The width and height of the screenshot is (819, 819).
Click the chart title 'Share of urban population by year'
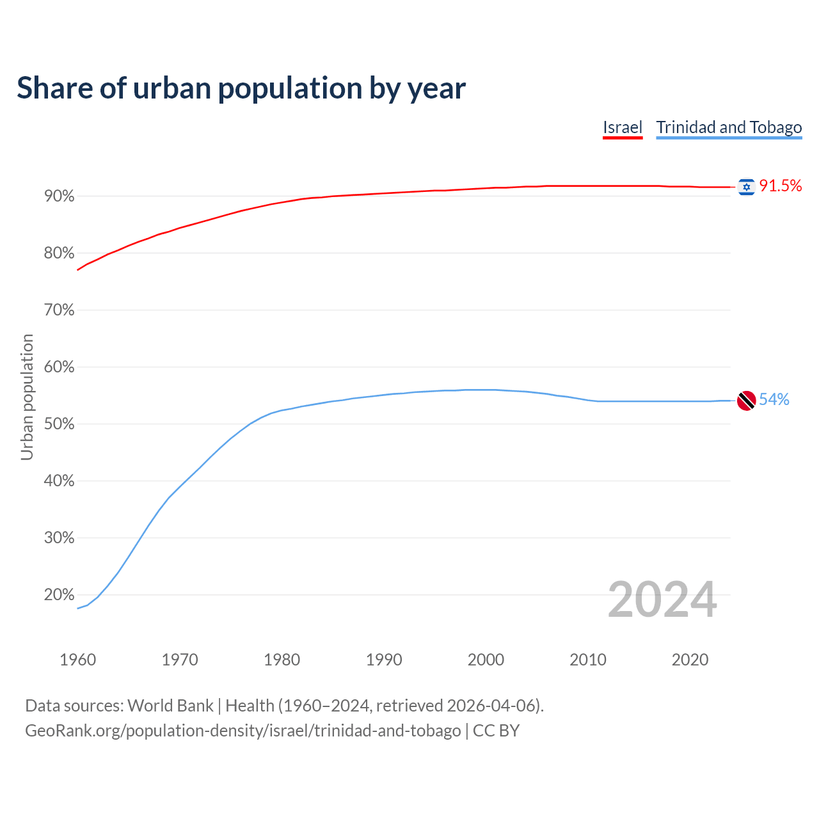(x=241, y=88)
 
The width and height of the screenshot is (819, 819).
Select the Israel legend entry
(x=622, y=127)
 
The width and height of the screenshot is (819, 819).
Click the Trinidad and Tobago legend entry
(x=729, y=127)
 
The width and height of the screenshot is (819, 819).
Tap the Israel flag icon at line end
(x=746, y=187)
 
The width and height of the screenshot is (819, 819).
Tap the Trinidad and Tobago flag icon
(x=746, y=401)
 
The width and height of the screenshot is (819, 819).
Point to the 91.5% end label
(x=780, y=186)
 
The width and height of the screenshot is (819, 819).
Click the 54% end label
(x=774, y=400)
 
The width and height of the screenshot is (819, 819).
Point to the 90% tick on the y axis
(x=59, y=196)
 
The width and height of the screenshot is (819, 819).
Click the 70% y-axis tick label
(x=59, y=310)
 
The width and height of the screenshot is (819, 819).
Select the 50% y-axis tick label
(x=59, y=424)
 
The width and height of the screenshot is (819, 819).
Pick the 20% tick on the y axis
(x=59, y=595)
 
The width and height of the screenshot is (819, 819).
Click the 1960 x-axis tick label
(x=77, y=660)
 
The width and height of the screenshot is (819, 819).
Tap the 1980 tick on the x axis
(x=282, y=660)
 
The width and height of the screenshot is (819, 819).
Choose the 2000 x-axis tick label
(x=486, y=660)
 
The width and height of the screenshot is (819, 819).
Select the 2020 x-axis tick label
(x=690, y=660)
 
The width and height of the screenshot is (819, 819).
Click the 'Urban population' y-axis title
(x=27, y=397)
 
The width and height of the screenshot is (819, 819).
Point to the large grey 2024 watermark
(x=662, y=600)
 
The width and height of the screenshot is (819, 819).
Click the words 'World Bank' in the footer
(x=170, y=706)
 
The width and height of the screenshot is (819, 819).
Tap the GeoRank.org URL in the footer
(x=243, y=731)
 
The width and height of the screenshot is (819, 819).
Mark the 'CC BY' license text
(x=496, y=731)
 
